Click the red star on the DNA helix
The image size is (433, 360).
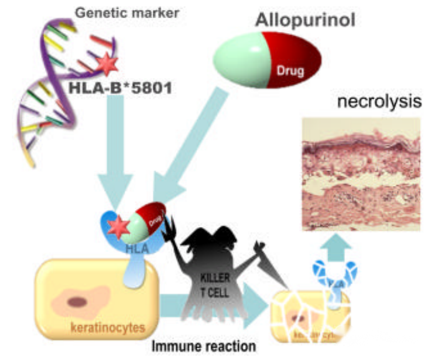point(107,63)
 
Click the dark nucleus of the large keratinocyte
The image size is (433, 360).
point(78,303)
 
